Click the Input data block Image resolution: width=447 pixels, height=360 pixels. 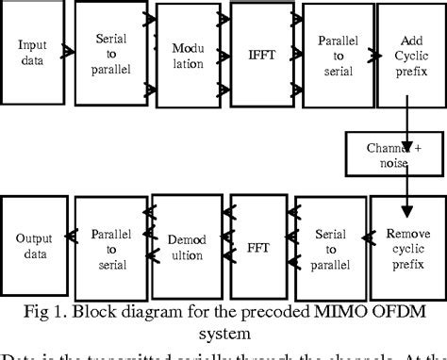click(x=33, y=53)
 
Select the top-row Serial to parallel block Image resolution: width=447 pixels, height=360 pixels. click(x=111, y=53)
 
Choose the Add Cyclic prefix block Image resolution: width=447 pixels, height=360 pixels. click(x=406, y=53)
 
